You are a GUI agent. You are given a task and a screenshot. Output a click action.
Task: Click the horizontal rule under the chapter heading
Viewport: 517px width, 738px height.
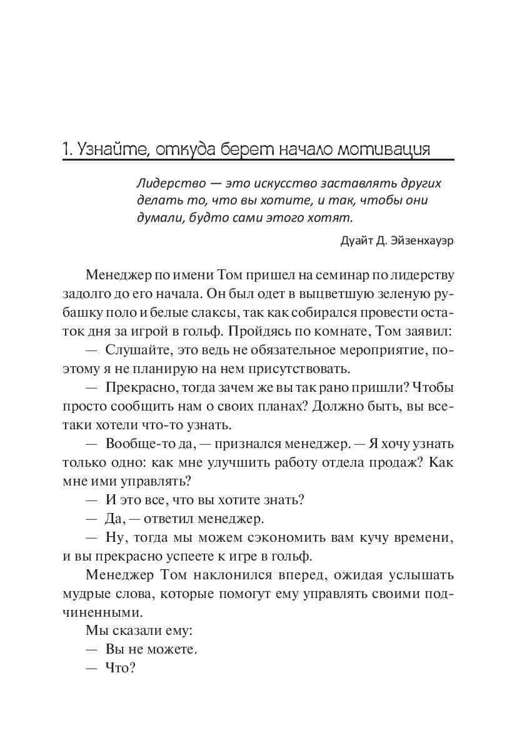tap(258, 161)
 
